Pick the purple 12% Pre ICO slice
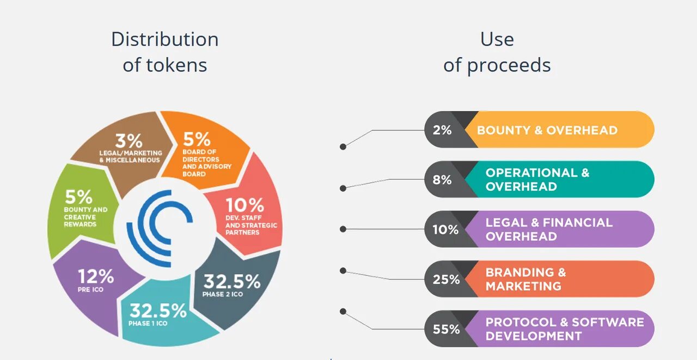(95, 286)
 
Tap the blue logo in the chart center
(158, 228)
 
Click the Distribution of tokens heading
(165, 52)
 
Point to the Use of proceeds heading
(497, 52)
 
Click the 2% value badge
(442, 130)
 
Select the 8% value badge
(442, 180)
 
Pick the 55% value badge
(446, 330)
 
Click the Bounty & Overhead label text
(547, 130)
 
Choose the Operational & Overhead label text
(537, 180)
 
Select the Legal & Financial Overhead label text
(549, 229)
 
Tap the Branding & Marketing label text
(526, 279)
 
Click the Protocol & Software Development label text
(565, 329)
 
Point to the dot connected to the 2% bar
(343, 147)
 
